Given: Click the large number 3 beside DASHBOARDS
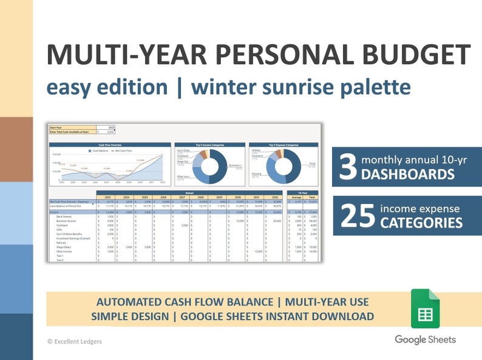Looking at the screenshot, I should [x=347, y=168].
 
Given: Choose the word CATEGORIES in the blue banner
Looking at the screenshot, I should [x=421, y=223].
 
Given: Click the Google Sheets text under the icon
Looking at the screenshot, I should [x=425, y=339].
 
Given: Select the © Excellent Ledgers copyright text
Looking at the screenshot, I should [x=75, y=342].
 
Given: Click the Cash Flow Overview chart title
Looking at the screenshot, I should [x=110, y=146].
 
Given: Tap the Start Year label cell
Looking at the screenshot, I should [x=56, y=127].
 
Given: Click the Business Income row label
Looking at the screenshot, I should [x=67, y=221].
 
